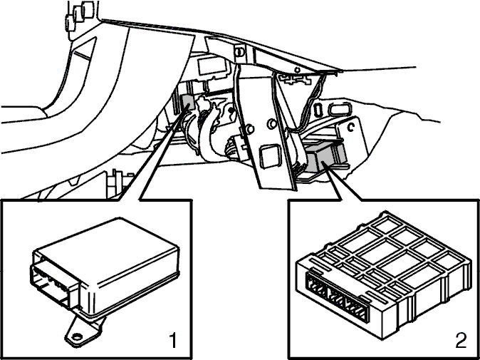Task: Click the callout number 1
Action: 173,341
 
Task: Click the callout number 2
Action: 461,340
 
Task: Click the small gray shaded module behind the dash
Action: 187,102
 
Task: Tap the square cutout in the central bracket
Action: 270,157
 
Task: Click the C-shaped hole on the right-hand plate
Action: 351,126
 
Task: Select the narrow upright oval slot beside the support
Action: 318,110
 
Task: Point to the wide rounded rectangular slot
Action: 339,109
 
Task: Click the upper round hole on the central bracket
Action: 271,124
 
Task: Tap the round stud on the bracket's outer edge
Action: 250,129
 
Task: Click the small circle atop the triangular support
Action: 297,70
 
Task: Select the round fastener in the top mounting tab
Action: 239,52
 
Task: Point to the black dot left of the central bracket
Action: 231,109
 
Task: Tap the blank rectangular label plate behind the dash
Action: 212,66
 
